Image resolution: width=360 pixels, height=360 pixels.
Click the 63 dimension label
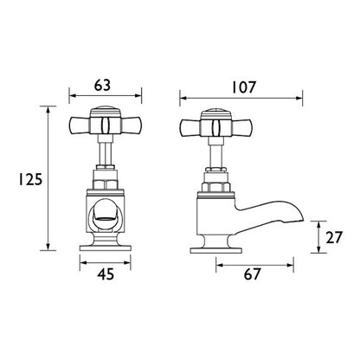coord(102,86)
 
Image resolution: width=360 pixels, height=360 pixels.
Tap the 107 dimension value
coord(244,87)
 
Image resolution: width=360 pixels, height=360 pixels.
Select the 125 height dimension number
coord(30,179)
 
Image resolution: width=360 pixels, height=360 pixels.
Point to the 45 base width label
coord(106,274)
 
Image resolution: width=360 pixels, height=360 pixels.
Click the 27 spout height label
coord(333,238)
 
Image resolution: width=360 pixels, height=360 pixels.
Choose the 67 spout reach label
coord(252,274)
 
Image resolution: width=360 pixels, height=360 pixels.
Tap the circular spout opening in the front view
coord(106,214)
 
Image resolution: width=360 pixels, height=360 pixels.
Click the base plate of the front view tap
coord(106,248)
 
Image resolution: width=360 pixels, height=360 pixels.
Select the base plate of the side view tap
coord(215,251)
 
